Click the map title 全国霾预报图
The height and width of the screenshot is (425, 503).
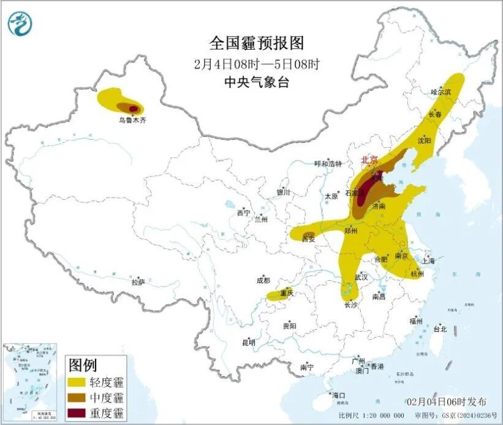point(256,43)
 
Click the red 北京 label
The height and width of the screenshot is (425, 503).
point(369,159)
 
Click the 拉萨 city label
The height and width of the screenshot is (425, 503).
point(138,283)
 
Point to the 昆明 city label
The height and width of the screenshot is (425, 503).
point(249,342)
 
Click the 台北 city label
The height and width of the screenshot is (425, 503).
point(440,329)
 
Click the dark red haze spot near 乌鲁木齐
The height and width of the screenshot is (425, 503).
point(133,108)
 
